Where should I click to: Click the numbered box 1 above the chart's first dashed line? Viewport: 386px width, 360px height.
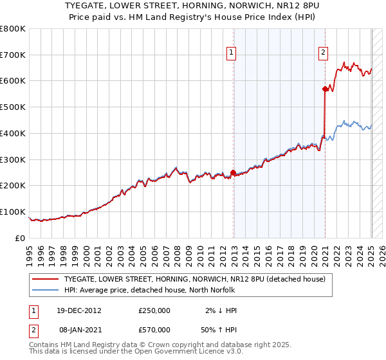230,54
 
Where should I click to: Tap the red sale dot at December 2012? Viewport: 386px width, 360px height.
233,172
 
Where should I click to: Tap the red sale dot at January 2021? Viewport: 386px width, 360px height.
326,89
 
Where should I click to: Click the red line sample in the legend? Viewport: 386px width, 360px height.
45,280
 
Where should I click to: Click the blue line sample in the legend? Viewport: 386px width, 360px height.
45,290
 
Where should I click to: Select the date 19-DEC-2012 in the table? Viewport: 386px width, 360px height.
78,310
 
